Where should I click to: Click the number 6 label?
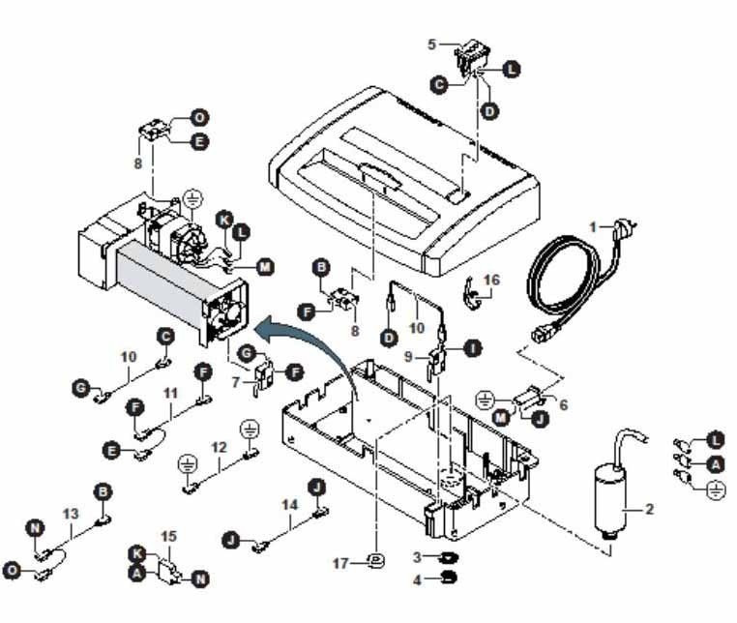562,405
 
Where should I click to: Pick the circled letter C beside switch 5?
438,85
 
